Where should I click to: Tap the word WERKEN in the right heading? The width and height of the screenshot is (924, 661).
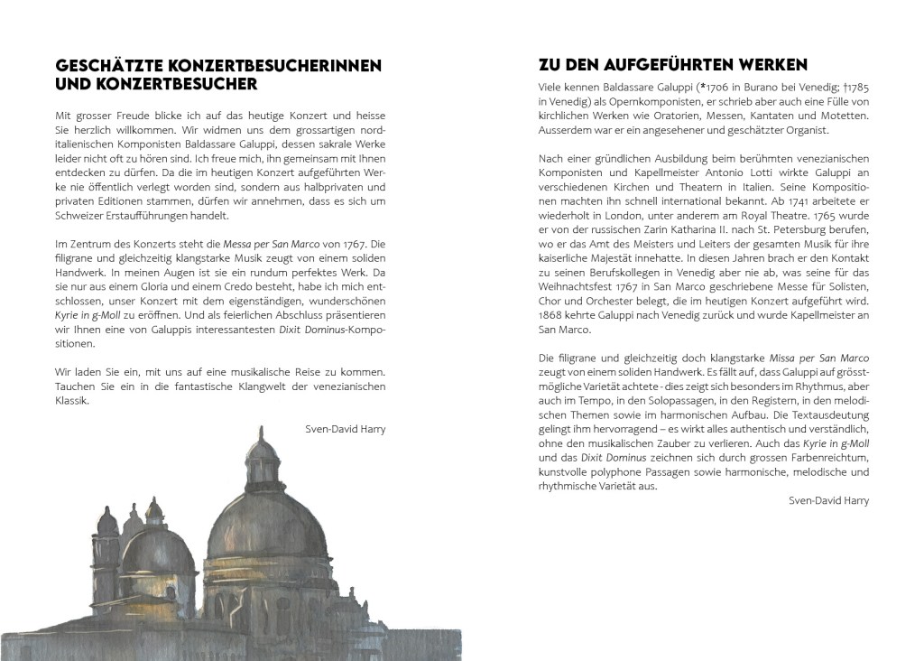pos(772,65)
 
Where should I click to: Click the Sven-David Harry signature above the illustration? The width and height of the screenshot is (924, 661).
pos(346,429)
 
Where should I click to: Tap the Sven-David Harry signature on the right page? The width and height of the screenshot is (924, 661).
pos(828,501)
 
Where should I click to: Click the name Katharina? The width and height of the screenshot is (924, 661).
pos(683,231)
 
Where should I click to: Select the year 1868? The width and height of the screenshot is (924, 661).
pos(552,316)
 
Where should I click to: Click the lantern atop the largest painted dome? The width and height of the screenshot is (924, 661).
pos(263,450)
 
